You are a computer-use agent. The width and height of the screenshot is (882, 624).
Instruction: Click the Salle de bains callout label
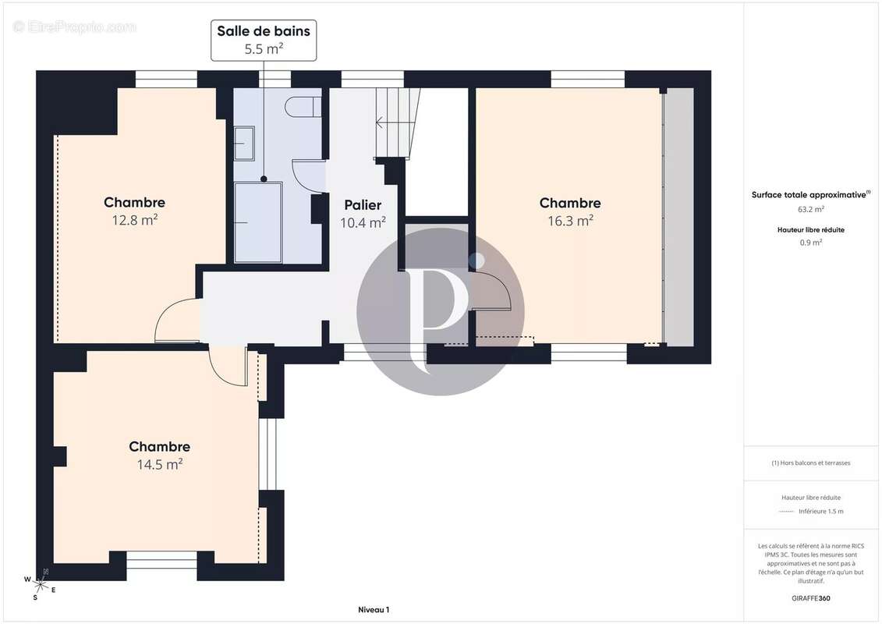(x=264, y=40)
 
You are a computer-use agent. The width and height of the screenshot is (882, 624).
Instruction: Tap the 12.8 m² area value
(x=134, y=220)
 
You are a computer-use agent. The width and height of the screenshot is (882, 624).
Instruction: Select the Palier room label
(x=363, y=205)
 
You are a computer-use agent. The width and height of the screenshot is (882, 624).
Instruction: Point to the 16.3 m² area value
(x=570, y=221)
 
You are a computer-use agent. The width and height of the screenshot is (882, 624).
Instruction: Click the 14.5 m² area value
(x=160, y=464)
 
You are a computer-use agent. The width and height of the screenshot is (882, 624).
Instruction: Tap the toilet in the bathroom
(x=303, y=107)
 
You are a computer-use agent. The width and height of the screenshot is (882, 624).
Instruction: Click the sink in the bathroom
(x=244, y=144)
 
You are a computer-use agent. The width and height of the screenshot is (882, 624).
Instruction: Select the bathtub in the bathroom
(x=258, y=222)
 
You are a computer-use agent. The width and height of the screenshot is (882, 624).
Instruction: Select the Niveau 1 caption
(x=374, y=609)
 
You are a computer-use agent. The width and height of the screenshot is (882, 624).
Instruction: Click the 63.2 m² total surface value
(x=810, y=209)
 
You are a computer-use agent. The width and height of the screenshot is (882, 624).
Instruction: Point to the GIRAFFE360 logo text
(x=810, y=598)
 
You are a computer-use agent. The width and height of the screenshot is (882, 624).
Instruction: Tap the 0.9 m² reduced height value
(x=810, y=243)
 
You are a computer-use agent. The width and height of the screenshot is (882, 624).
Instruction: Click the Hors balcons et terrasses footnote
(x=810, y=463)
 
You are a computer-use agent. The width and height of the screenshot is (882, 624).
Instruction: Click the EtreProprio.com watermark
(x=74, y=27)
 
